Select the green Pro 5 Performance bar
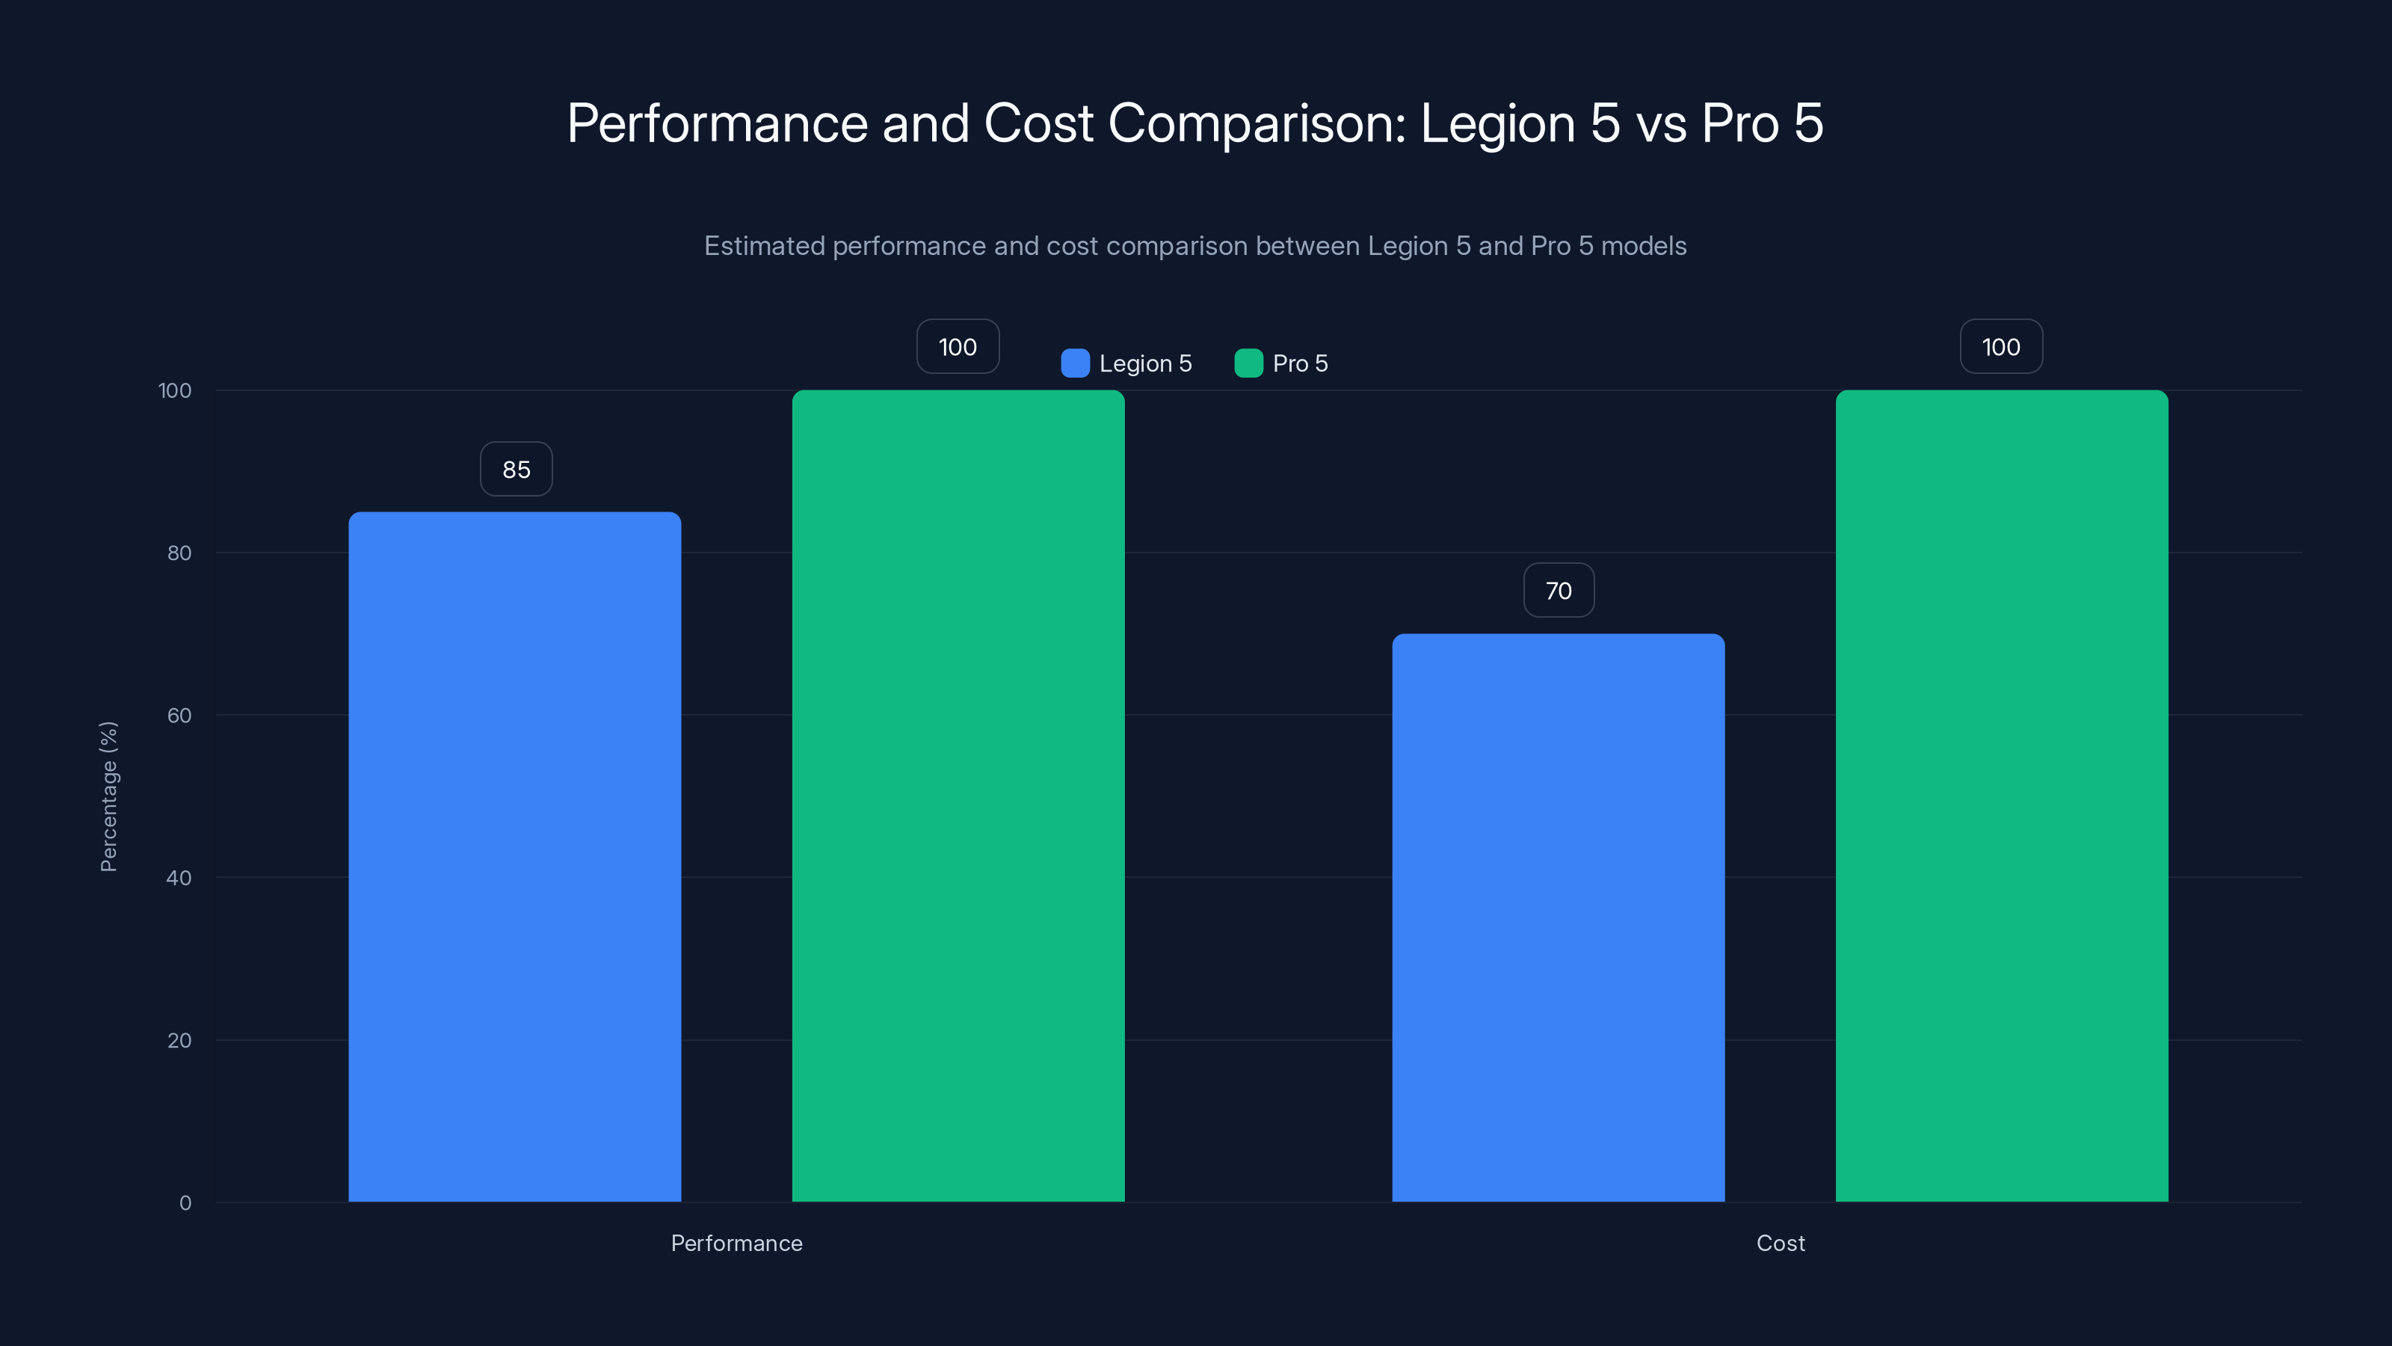pos(958,795)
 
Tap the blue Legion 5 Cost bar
pos(1557,917)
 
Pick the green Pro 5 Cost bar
pos(2001,795)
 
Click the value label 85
pos(517,469)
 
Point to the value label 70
pos(1558,591)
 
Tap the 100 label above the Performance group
pos(958,346)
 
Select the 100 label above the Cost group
pos(2000,346)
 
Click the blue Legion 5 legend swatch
pos(1074,363)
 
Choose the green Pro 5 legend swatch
pos(1248,363)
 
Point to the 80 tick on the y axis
pos(179,553)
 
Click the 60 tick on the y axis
pos(179,716)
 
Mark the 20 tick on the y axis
pos(179,1040)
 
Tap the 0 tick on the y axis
pos(185,1203)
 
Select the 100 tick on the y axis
pos(175,390)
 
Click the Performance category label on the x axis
pos(736,1243)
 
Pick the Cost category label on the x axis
pos(1780,1243)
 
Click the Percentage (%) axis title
pos(108,796)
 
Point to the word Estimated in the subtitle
pos(763,246)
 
